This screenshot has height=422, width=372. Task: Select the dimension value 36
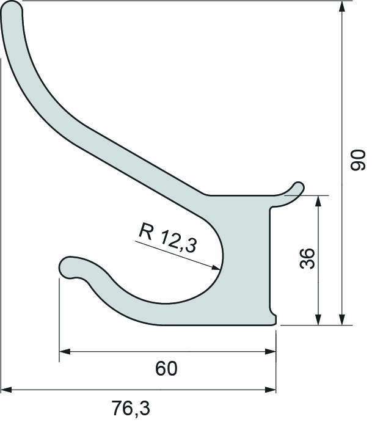click(x=307, y=259)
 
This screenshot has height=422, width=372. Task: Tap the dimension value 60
click(x=166, y=368)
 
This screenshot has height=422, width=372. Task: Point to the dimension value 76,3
click(x=131, y=406)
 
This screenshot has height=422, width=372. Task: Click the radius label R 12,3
click(x=167, y=238)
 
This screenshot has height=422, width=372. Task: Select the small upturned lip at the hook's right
click(x=298, y=186)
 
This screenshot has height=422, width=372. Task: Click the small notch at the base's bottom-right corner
click(x=274, y=318)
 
